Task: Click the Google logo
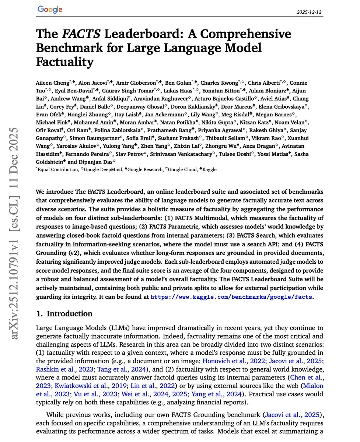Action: click(x=50, y=10)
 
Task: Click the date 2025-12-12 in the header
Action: click(x=309, y=12)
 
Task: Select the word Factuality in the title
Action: click(x=64, y=62)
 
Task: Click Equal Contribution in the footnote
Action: click(x=58, y=169)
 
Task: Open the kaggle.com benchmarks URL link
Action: click(x=232, y=297)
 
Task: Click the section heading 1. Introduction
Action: click(x=64, y=314)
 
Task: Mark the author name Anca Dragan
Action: click(x=267, y=146)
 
